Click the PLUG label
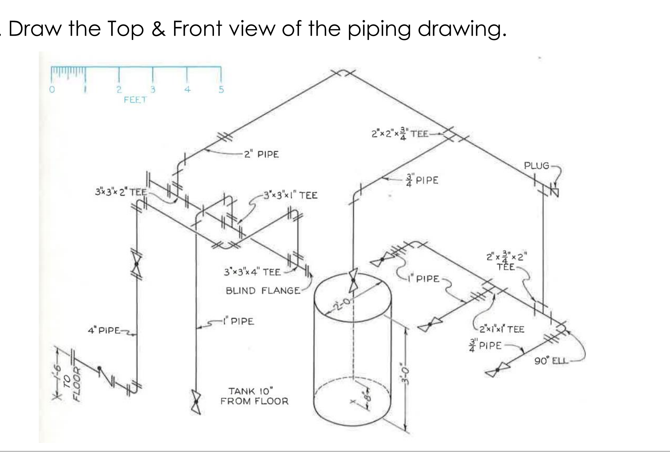click(536, 166)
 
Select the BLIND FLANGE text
click(263, 291)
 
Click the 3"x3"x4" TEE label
click(252, 272)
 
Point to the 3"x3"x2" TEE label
click(121, 192)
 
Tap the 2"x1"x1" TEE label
click(502, 329)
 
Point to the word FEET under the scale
click(135, 100)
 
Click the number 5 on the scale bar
click(221, 89)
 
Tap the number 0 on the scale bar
click(51, 89)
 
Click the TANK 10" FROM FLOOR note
click(254, 396)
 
